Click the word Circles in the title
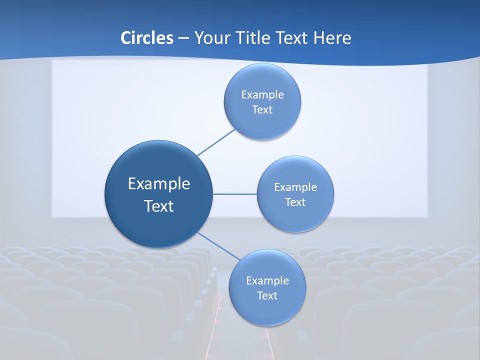point(147,38)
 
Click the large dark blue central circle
point(158,225)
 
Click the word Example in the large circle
point(159,184)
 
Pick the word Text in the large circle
point(159,206)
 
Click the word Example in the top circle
point(262,95)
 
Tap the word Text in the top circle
point(262,110)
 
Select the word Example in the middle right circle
point(295,187)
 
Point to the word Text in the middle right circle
point(295,202)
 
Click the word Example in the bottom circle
point(267,281)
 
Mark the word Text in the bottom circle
point(267,296)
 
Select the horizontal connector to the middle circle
point(235,194)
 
